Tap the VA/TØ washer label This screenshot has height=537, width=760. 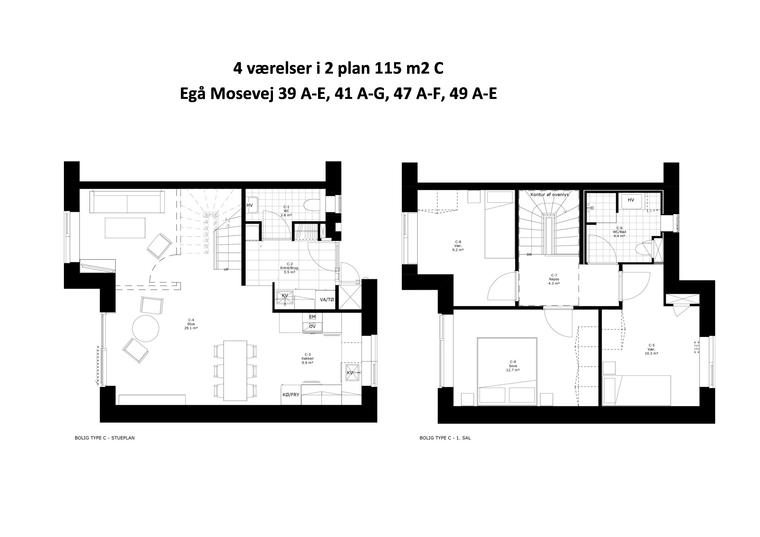click(x=327, y=300)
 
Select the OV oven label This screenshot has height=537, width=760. click(x=312, y=326)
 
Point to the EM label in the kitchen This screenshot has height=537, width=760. click(x=312, y=317)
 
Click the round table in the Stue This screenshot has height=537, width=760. click(x=145, y=328)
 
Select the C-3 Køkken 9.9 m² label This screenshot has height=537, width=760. click(x=307, y=358)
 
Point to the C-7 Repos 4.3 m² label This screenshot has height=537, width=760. click(x=554, y=279)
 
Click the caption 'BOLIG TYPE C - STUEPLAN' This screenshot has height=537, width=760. click(x=105, y=438)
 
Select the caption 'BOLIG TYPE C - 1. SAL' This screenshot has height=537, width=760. click(x=445, y=438)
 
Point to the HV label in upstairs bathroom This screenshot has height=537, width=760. click(x=631, y=200)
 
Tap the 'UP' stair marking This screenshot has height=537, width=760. click(x=226, y=269)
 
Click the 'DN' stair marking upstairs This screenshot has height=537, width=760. click(x=529, y=255)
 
